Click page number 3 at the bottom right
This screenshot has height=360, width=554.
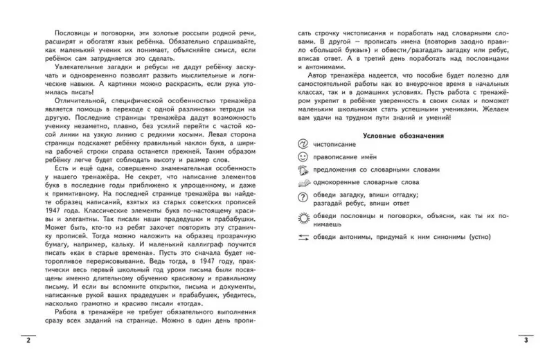point(526,341)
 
